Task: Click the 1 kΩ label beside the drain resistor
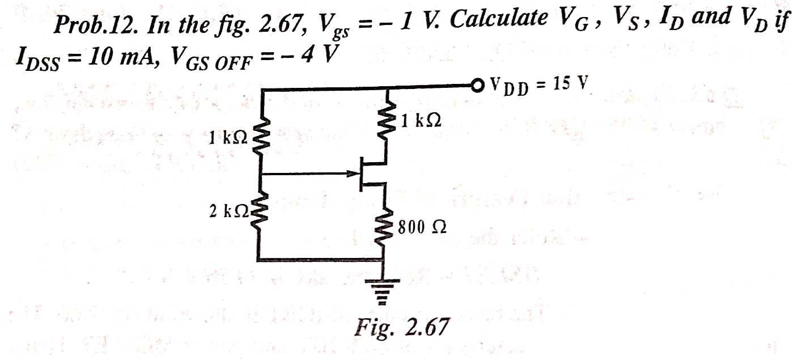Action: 420,121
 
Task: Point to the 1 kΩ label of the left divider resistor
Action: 227,138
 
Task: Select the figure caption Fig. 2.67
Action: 402,326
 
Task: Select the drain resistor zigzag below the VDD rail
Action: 387,122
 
